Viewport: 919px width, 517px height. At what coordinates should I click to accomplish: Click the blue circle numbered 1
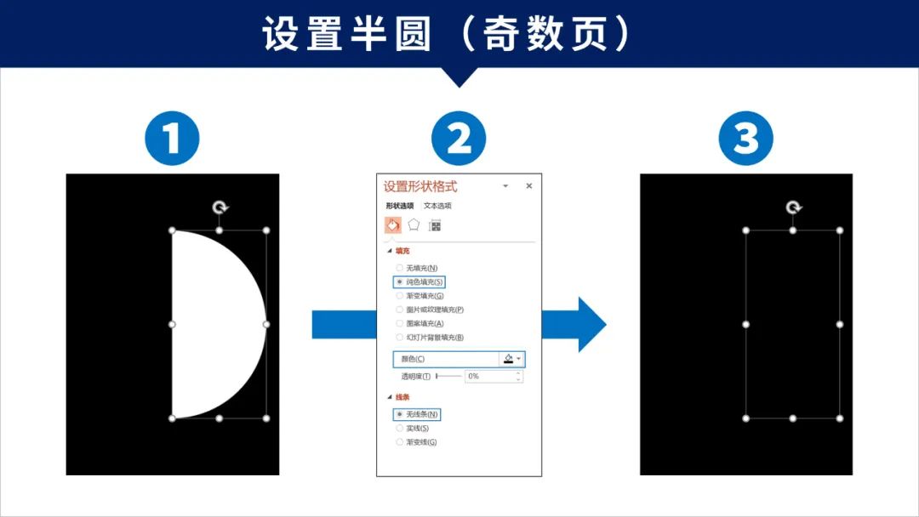[172, 139]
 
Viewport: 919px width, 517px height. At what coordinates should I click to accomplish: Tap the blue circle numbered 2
[459, 139]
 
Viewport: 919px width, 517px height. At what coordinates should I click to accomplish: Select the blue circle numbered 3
[745, 139]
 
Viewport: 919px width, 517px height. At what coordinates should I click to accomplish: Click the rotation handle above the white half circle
[220, 207]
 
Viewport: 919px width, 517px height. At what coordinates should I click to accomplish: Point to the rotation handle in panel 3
[793, 207]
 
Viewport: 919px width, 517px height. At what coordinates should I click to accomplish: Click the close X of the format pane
[528, 185]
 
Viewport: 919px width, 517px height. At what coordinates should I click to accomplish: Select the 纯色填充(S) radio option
[400, 281]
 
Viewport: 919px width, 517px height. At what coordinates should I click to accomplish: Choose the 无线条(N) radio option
[400, 414]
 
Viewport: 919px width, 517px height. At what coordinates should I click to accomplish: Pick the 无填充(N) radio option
[400, 268]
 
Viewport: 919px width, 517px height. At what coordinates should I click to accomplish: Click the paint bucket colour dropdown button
[511, 359]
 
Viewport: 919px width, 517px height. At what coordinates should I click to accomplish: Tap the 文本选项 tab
[437, 206]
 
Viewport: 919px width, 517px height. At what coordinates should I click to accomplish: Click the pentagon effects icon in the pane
[414, 225]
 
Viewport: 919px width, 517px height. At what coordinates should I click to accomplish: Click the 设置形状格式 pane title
[420, 186]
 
